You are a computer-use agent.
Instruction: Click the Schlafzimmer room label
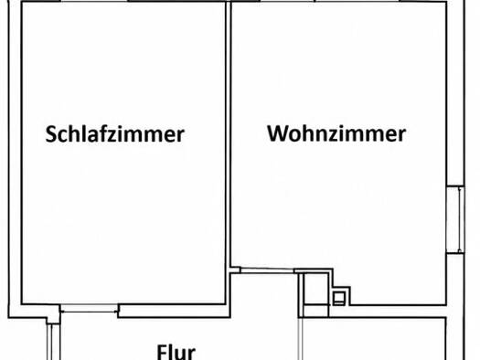115,134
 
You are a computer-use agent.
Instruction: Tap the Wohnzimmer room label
336,133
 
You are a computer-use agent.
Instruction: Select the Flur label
176,353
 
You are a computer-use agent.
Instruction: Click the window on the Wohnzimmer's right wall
455,219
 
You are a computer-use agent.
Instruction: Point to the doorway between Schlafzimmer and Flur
89,308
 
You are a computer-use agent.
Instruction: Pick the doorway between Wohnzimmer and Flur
267,270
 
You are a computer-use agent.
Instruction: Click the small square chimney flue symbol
339,298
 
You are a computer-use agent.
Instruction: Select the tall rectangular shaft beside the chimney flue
316,289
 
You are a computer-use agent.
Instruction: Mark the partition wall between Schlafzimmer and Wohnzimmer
228,134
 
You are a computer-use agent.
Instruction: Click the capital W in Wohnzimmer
278,133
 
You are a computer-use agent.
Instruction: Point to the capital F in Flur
161,353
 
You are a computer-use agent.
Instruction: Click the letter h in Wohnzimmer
309,132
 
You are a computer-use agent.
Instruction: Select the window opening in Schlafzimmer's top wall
94,1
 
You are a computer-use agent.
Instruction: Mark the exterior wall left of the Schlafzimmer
16,153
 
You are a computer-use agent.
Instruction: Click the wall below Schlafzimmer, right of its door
175,311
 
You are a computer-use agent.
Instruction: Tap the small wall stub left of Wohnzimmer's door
235,270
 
